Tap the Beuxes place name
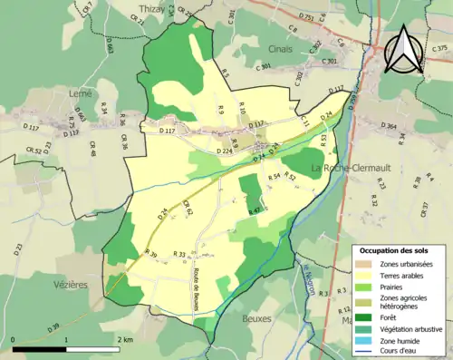pos(257,318)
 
